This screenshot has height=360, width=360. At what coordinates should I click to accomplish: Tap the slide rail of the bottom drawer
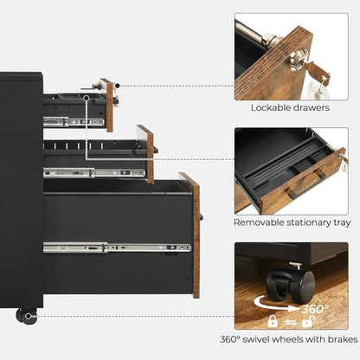pos(117,247)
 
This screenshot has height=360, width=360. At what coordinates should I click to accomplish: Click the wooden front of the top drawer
pos(107,105)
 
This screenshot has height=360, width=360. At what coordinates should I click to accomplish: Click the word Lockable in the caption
pos(272,109)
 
